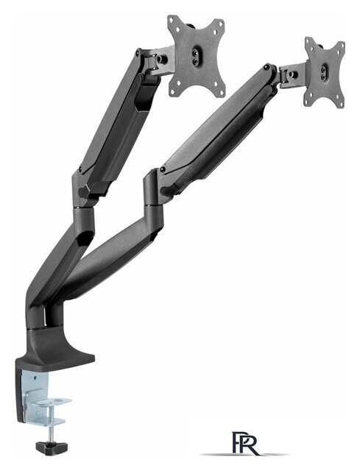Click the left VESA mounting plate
click(x=197, y=56)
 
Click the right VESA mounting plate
click(x=325, y=72)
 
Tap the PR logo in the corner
click(x=245, y=443)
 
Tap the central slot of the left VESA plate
click(x=196, y=56)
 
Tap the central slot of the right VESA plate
click(x=324, y=72)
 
